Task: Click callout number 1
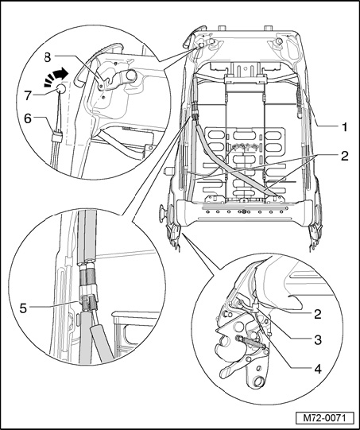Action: (344, 127)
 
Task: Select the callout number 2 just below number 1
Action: (344, 156)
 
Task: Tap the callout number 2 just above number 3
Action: (318, 314)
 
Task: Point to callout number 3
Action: (318, 340)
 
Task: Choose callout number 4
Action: (318, 369)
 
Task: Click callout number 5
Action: (23, 308)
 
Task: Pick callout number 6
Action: (28, 119)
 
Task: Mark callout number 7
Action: (28, 95)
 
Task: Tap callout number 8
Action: (48, 57)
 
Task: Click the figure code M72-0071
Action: (324, 418)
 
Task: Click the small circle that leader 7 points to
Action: (61, 88)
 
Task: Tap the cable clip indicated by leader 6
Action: (57, 136)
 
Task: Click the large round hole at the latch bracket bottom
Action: (258, 382)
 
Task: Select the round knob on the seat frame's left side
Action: (162, 212)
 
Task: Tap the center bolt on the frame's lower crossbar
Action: (242, 211)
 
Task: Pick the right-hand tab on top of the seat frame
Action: (268, 28)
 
